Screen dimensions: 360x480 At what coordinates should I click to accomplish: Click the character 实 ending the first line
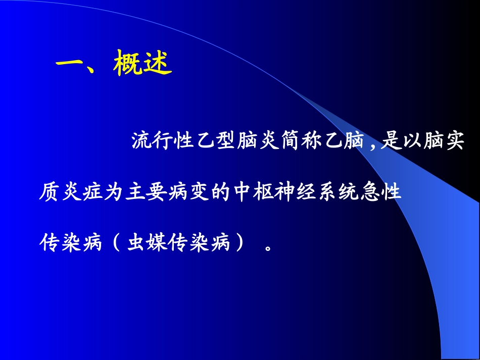coord(453,142)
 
